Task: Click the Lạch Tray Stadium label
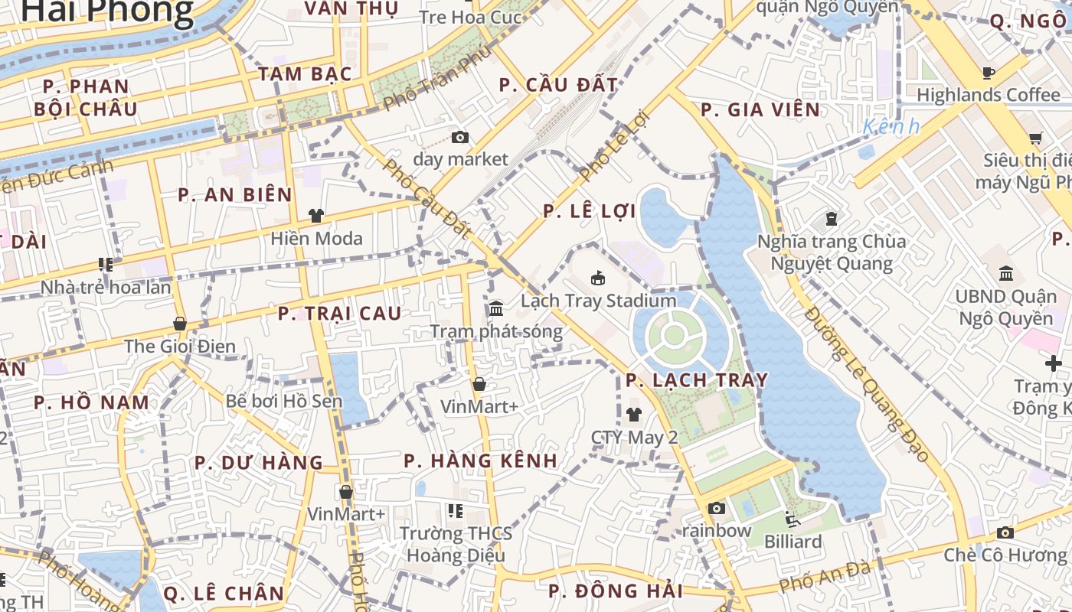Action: (x=598, y=301)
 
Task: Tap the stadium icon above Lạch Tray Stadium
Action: (x=598, y=278)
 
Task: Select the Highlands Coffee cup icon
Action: (x=989, y=73)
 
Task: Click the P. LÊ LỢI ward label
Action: (x=590, y=212)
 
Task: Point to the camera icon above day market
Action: (x=460, y=137)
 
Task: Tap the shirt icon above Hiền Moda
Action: (x=316, y=216)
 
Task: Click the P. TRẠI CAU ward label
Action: (x=339, y=313)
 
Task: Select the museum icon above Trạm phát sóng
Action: (x=496, y=309)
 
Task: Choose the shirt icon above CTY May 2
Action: (x=634, y=415)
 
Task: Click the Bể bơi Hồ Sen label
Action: (x=284, y=400)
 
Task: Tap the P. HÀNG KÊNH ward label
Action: (x=480, y=461)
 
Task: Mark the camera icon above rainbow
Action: (x=717, y=508)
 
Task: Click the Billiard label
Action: (x=793, y=542)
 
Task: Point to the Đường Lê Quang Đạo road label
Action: (x=867, y=383)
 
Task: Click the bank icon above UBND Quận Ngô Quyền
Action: (x=1006, y=273)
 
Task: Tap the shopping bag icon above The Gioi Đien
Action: (x=180, y=324)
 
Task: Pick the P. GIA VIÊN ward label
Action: (x=760, y=110)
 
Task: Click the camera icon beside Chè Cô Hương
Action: (x=1005, y=532)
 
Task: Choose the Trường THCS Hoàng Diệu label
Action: (x=456, y=544)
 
